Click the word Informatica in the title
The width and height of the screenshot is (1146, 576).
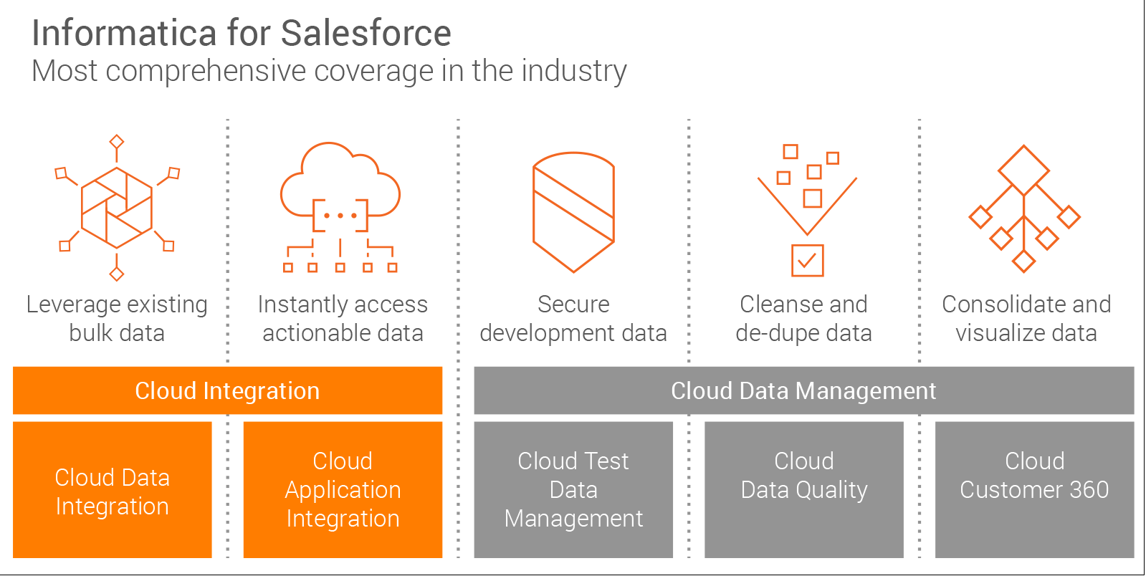tap(124, 33)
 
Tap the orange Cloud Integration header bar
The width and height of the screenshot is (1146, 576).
tap(227, 390)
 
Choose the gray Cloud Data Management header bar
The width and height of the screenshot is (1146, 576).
tap(803, 390)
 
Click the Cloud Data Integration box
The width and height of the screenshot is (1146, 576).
tap(112, 490)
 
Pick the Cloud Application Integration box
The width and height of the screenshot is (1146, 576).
tap(343, 490)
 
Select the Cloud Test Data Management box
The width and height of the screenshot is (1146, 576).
tap(573, 490)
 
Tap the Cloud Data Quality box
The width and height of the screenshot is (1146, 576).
tap(803, 490)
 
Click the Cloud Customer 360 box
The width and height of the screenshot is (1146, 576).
tap(1034, 490)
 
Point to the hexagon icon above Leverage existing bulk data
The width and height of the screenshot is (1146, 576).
tap(117, 208)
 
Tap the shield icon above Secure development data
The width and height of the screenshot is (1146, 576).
tap(573, 211)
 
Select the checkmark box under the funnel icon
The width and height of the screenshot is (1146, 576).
tap(807, 260)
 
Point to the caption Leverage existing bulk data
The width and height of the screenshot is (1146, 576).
tap(117, 319)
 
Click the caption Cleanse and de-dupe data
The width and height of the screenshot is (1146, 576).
tap(803, 319)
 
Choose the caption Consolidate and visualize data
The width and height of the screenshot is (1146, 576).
tap(1026, 319)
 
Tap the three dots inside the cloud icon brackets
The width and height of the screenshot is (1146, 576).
tap(340, 215)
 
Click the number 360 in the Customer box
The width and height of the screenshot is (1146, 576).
tap(1089, 490)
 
